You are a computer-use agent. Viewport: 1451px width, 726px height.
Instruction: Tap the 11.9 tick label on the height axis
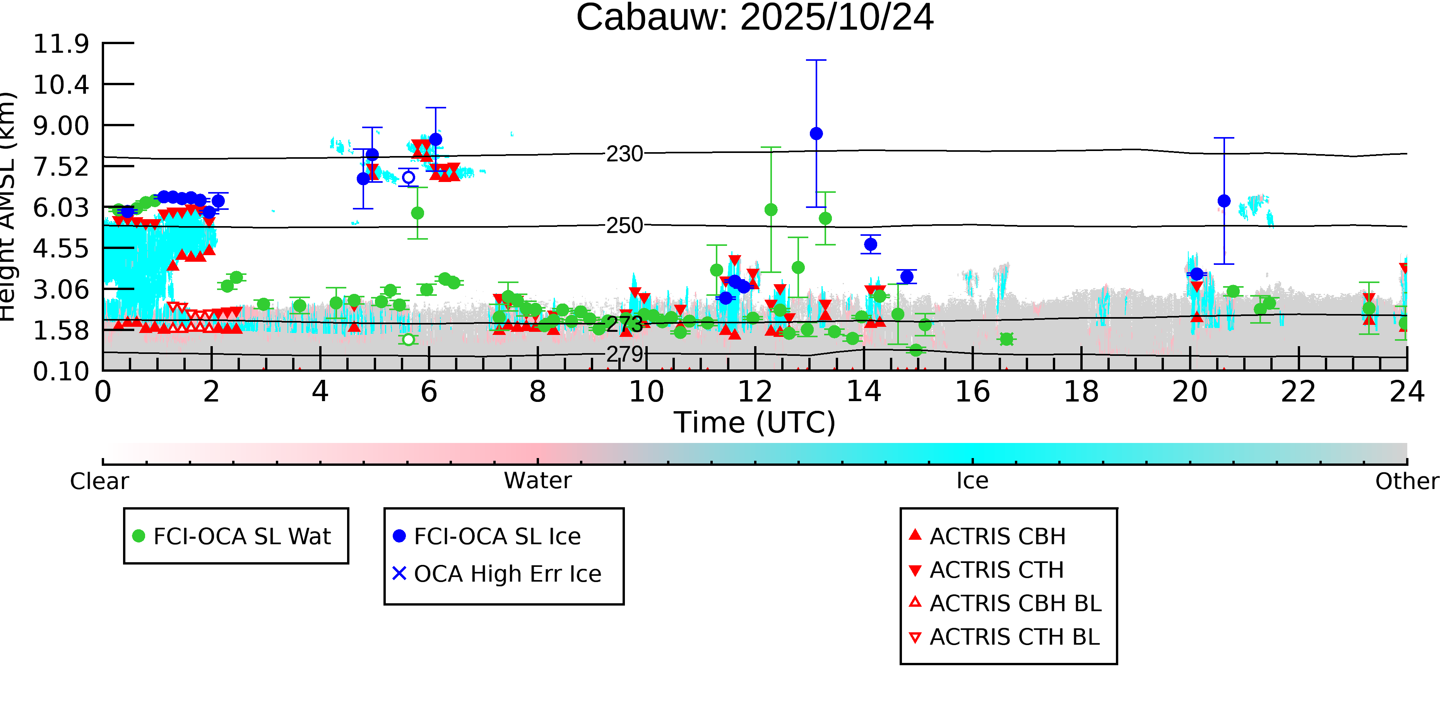click(x=61, y=44)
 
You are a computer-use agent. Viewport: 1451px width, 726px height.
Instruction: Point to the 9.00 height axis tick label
click(x=61, y=126)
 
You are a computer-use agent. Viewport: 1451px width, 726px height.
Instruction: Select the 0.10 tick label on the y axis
click(x=61, y=371)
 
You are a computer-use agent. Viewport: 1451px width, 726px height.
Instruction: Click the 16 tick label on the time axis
click(x=972, y=392)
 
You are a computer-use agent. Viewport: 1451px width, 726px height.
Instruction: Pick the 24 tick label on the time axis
click(x=1407, y=392)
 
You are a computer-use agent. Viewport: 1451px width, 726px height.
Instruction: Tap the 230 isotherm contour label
click(x=624, y=154)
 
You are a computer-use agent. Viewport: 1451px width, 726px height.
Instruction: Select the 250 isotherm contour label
click(x=624, y=225)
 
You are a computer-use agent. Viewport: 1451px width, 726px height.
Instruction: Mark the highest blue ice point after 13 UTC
click(x=816, y=134)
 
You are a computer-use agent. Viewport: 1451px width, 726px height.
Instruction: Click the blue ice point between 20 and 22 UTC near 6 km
click(x=1224, y=201)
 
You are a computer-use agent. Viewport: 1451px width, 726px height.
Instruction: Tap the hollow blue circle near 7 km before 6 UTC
click(x=408, y=178)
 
